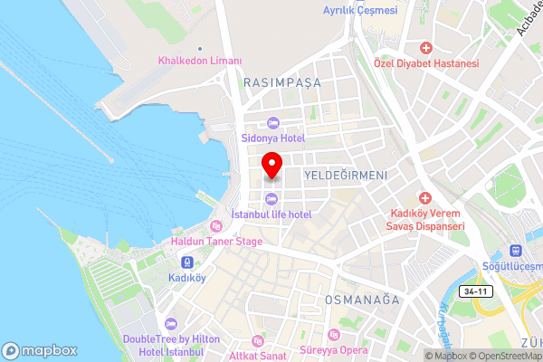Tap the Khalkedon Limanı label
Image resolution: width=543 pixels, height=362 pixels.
coord(201,61)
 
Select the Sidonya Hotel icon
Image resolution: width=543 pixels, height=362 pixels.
coord(271,124)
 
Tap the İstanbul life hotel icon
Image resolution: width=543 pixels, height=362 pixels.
coord(271,199)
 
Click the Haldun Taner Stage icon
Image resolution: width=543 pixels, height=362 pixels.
coord(216,226)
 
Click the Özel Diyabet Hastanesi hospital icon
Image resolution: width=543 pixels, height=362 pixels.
coord(425,47)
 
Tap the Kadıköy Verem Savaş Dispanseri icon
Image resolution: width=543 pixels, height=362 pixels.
coord(426,197)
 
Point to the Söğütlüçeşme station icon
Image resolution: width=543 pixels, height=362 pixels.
coord(517,249)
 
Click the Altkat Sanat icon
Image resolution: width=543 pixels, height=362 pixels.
coord(257,340)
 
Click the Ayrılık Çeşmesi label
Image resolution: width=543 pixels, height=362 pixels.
coord(360,11)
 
